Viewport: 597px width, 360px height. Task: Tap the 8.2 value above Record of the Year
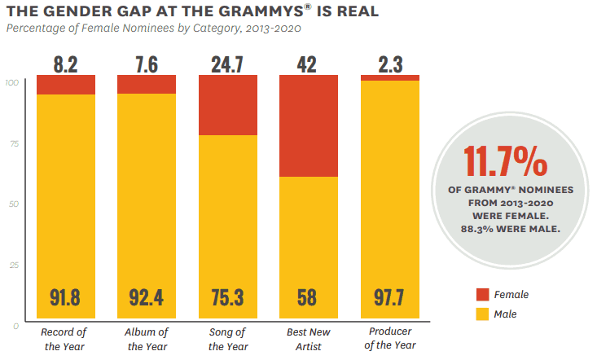(x=65, y=63)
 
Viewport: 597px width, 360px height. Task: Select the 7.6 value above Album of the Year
(x=147, y=63)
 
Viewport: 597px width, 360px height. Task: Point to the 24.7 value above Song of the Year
(x=227, y=63)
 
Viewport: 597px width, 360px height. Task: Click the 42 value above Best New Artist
(x=309, y=63)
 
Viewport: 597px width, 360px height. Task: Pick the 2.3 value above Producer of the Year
(x=390, y=63)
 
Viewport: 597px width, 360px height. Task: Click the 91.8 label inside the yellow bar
(x=65, y=297)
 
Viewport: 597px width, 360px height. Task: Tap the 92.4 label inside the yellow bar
(x=147, y=297)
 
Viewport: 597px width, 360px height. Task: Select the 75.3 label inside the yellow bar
(x=227, y=297)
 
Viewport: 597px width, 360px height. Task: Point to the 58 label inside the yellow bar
(x=309, y=297)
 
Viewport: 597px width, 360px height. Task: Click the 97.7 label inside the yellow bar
(x=390, y=297)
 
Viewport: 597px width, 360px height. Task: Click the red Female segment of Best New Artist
(x=309, y=125)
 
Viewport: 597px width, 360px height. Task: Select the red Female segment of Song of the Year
(x=227, y=105)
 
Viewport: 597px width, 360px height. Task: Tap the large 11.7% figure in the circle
(x=505, y=162)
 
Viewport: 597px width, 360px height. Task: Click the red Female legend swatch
(x=481, y=295)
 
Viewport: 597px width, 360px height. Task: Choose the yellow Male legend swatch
(x=481, y=314)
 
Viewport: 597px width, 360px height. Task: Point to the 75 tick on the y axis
(x=13, y=143)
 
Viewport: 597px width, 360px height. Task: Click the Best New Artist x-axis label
(x=309, y=339)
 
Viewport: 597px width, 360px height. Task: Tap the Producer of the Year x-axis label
(x=390, y=339)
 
